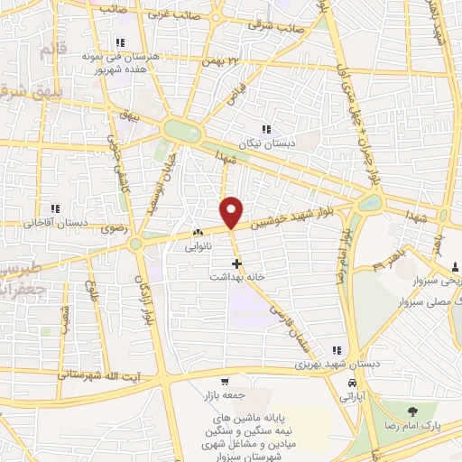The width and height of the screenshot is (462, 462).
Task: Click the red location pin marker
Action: (x=233, y=212)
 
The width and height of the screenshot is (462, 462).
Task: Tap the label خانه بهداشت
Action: (x=236, y=278)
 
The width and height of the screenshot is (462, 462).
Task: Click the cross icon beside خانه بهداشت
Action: (x=236, y=264)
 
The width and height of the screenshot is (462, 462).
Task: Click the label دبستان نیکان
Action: (x=267, y=143)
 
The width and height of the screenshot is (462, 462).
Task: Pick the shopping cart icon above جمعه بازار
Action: (x=223, y=381)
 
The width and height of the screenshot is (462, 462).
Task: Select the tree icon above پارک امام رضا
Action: (x=420, y=410)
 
